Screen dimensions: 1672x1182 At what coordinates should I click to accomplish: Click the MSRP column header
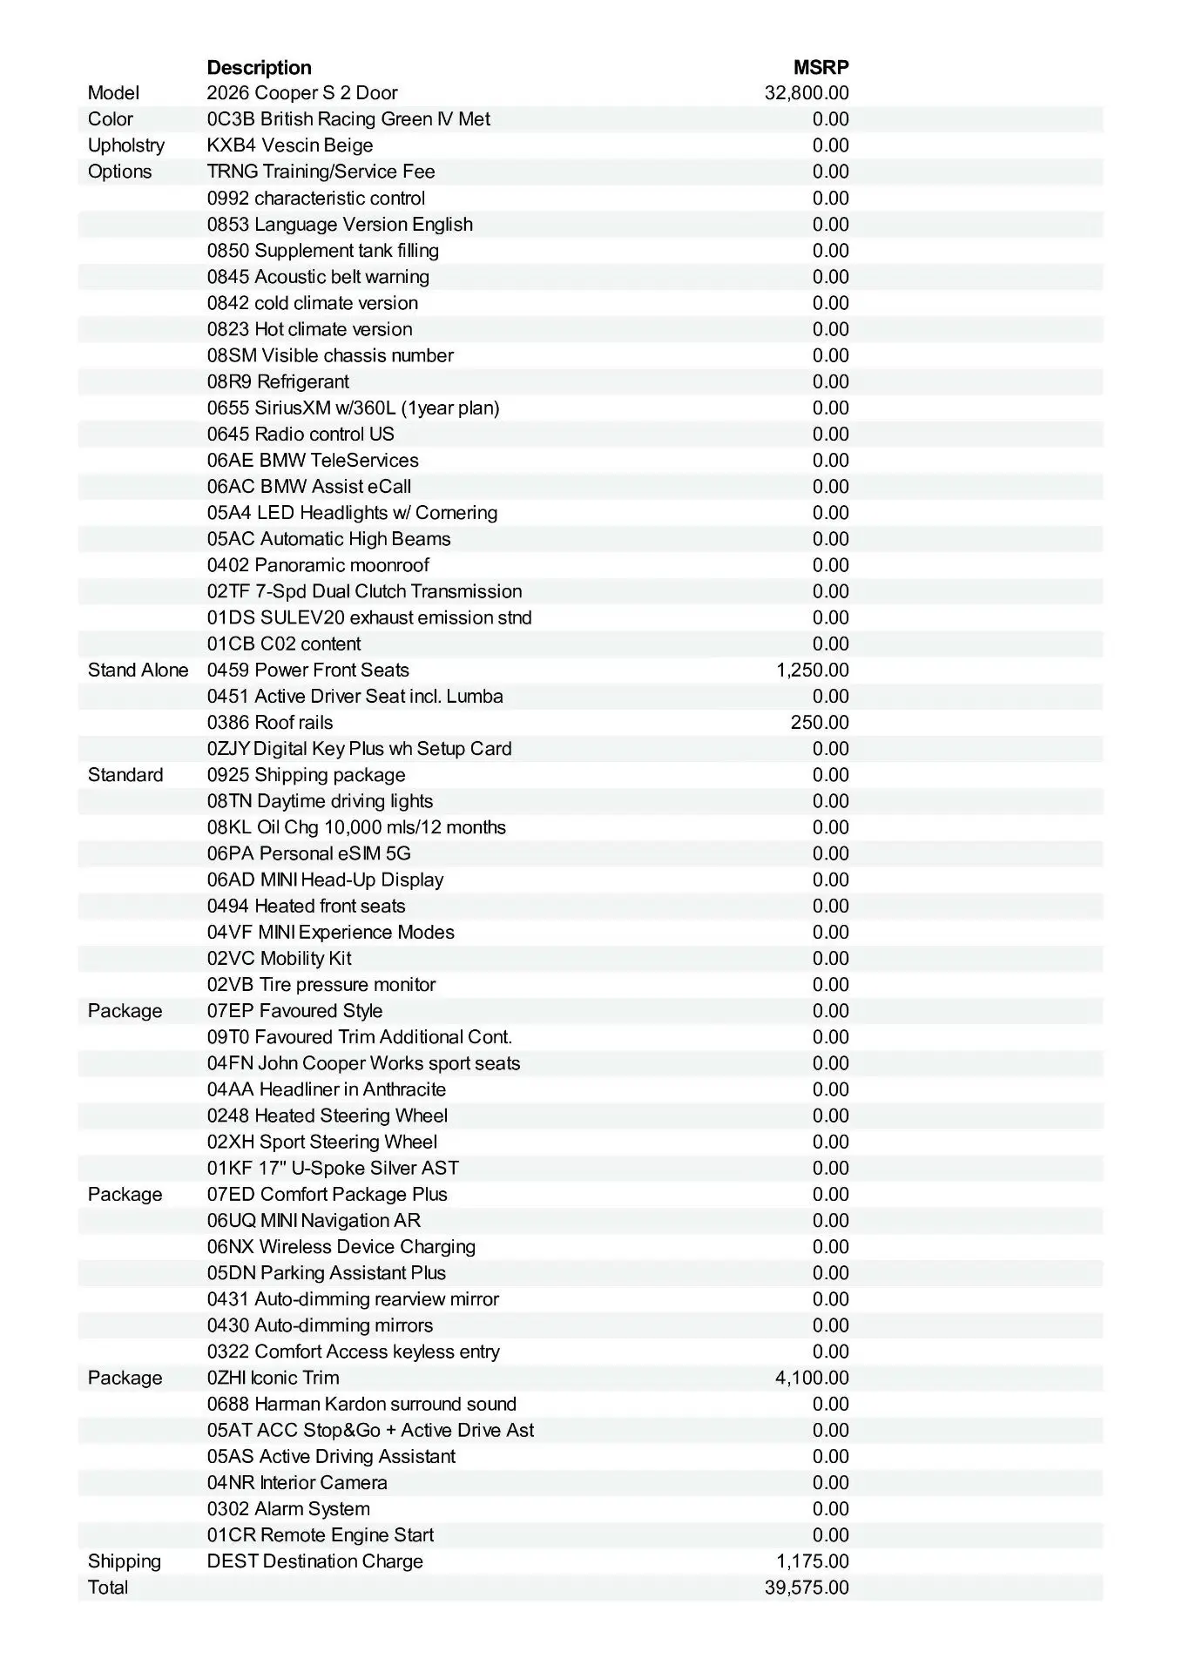point(821,67)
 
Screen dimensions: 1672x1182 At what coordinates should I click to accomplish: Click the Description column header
point(259,67)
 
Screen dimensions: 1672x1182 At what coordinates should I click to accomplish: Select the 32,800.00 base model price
point(806,93)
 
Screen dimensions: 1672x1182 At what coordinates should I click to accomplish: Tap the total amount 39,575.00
point(806,1587)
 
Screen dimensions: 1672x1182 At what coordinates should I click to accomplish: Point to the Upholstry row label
point(125,145)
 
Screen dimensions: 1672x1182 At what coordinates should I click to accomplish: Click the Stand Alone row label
point(138,670)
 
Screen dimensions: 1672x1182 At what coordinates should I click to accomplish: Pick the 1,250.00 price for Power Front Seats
point(812,670)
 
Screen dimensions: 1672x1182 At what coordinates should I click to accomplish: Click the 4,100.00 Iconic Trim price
point(812,1378)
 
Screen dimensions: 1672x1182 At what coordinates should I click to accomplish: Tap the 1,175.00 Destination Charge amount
point(812,1561)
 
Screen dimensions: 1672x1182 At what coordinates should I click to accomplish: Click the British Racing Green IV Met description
point(348,119)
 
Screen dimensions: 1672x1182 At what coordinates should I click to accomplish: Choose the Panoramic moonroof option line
point(318,565)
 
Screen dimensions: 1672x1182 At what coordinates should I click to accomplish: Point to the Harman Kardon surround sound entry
point(361,1404)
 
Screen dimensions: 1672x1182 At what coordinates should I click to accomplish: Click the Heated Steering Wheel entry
point(328,1116)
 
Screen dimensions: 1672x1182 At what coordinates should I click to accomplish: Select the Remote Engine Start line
point(321,1534)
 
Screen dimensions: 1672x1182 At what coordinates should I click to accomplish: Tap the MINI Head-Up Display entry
point(325,880)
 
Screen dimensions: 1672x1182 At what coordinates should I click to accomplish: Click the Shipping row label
point(125,1561)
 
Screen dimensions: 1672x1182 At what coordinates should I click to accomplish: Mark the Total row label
point(108,1587)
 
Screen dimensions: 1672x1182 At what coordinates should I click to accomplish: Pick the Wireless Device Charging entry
point(341,1246)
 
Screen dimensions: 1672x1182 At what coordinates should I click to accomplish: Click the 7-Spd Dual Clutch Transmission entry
point(364,591)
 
